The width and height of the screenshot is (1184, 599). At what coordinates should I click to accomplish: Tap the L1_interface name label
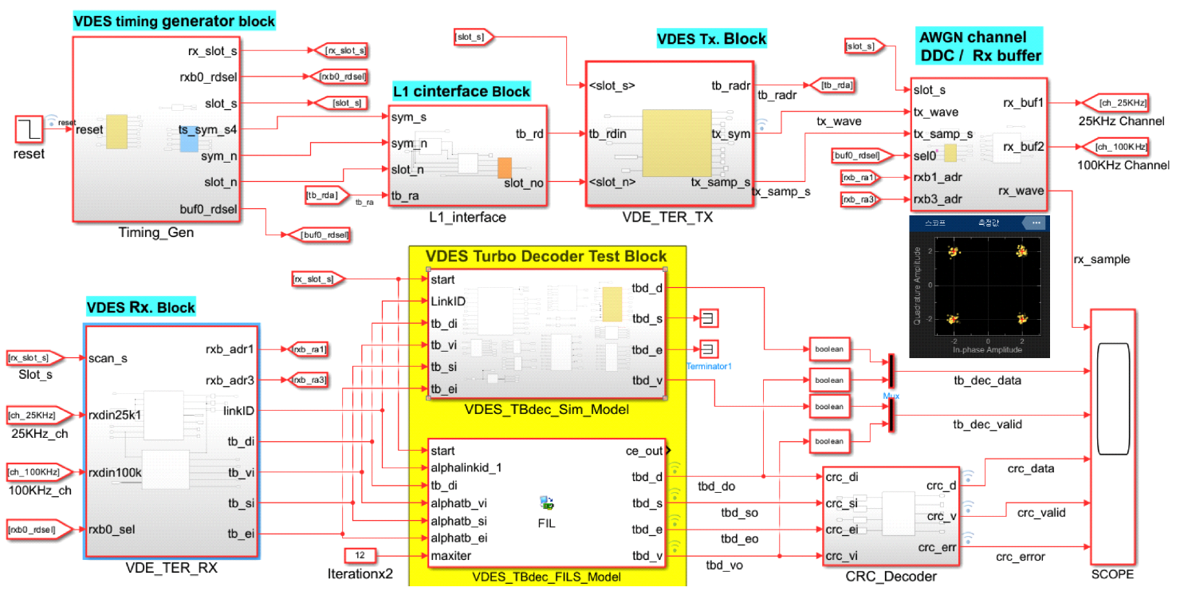click(x=467, y=216)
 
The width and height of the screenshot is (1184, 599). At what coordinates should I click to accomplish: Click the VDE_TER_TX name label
click(x=668, y=216)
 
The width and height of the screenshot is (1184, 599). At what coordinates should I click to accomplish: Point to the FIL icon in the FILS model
click(x=546, y=503)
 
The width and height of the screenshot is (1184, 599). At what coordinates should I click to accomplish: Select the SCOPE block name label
click(x=1113, y=574)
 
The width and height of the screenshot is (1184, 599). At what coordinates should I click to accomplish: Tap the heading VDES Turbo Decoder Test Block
click(x=546, y=256)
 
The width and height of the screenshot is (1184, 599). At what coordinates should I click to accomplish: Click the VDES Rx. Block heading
click(x=140, y=307)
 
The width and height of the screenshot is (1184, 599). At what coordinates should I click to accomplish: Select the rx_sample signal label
click(x=1101, y=258)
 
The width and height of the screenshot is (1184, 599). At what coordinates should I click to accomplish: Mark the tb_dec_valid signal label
click(x=987, y=424)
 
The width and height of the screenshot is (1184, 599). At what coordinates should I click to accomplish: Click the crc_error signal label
click(x=1020, y=556)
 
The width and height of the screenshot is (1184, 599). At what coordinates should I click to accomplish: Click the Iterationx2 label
click(x=360, y=573)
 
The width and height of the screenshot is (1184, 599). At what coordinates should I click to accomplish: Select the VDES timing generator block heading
click(x=174, y=22)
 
